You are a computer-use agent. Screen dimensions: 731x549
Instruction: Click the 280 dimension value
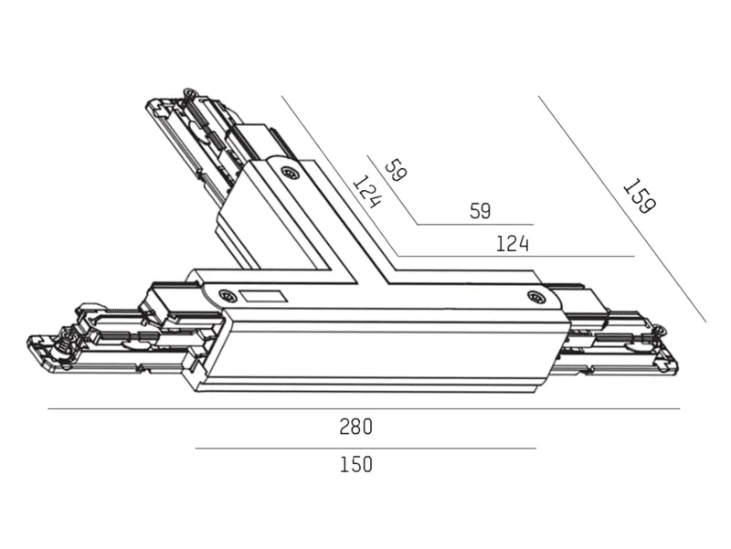[x=355, y=427]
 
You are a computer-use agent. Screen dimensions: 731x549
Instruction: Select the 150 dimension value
[x=355, y=465]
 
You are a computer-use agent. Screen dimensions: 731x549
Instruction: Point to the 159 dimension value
[x=640, y=196]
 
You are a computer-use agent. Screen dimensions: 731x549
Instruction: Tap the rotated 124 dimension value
[x=368, y=191]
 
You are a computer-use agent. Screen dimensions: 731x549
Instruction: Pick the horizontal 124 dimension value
[x=513, y=244]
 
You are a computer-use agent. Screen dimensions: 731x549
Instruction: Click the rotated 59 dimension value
[x=396, y=170]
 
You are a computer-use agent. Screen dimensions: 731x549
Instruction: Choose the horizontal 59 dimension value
[x=481, y=211]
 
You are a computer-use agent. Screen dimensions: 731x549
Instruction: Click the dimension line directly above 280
[x=364, y=409]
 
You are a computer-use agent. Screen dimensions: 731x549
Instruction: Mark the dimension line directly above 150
[x=365, y=449]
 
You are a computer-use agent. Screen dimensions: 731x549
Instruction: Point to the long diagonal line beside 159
[x=622, y=209]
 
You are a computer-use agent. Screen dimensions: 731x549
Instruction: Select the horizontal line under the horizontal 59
[x=475, y=225]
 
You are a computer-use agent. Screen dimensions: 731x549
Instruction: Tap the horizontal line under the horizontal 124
[x=515, y=256]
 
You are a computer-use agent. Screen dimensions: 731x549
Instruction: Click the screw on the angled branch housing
[x=290, y=174]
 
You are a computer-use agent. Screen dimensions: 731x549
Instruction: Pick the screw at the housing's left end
[x=227, y=295]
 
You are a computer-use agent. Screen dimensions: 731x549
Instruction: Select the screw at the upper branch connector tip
[x=190, y=92]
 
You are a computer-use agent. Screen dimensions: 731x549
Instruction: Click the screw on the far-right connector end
[x=659, y=332]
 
